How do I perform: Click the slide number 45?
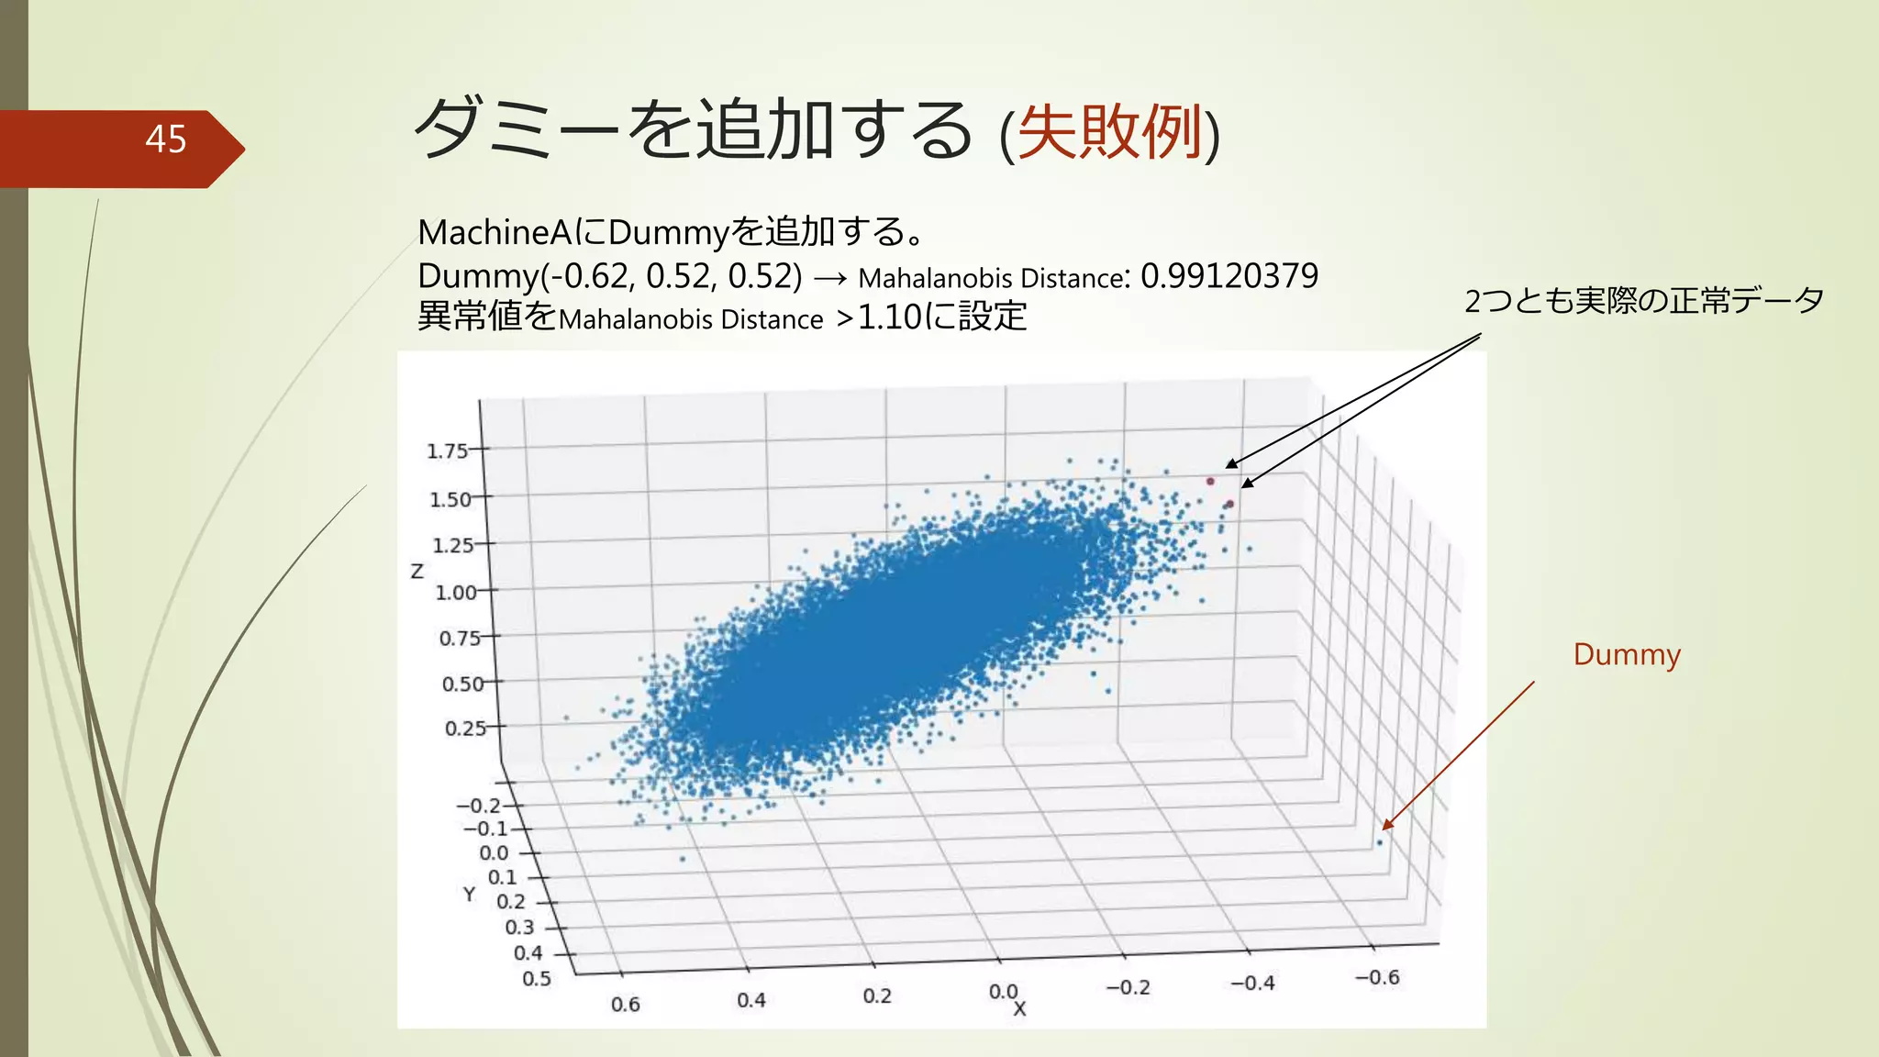(x=165, y=139)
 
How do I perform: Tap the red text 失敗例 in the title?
(x=1109, y=132)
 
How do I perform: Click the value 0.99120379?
(x=1229, y=275)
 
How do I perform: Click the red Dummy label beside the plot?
(x=1626, y=654)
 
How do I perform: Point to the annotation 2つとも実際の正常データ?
(x=1643, y=300)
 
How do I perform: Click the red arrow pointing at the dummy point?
(x=1459, y=754)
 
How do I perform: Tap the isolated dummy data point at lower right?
(x=1379, y=842)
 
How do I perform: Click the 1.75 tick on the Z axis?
(x=447, y=451)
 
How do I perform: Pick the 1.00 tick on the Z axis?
(x=455, y=592)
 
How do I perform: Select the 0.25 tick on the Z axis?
(x=465, y=728)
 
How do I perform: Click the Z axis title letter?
(x=417, y=572)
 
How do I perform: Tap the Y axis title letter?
(x=469, y=894)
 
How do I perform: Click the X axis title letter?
(x=1019, y=1009)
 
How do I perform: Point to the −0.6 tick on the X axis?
(x=1377, y=977)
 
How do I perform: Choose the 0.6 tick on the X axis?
(x=626, y=1004)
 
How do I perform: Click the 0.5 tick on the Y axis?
(x=537, y=978)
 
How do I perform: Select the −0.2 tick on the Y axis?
(x=479, y=806)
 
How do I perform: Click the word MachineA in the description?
(x=495, y=232)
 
